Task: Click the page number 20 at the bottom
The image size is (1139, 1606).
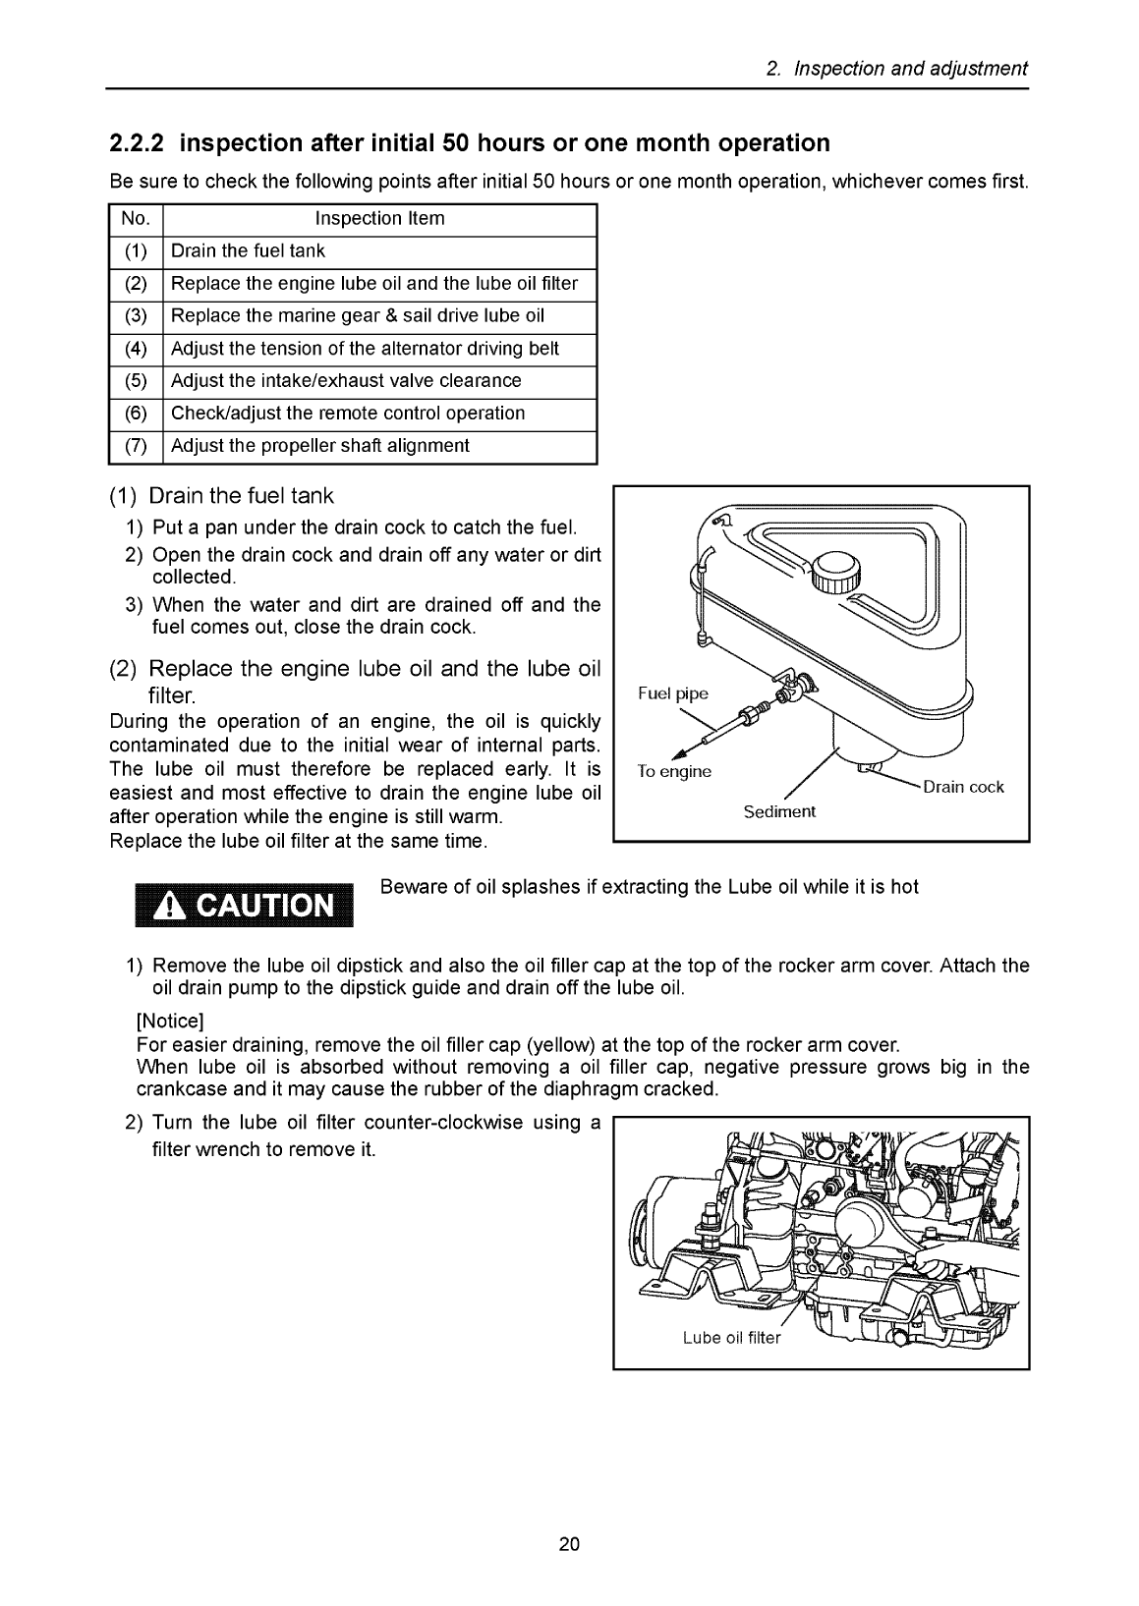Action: [x=570, y=1545]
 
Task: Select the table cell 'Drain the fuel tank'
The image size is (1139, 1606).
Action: [x=248, y=251]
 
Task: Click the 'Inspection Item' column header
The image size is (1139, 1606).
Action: [x=379, y=219]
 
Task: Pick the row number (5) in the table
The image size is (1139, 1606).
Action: [x=136, y=381]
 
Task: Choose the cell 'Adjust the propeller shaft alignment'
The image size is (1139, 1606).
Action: [x=320, y=446]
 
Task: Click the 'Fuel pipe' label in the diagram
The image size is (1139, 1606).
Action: [x=672, y=694]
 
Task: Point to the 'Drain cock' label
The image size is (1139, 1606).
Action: [x=963, y=787]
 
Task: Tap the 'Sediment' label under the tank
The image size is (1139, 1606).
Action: [x=779, y=811]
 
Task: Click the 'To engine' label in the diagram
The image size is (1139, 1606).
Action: [x=673, y=772]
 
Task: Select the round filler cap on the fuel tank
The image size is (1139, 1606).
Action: [x=835, y=569]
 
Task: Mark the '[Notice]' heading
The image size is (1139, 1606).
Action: [x=169, y=1022]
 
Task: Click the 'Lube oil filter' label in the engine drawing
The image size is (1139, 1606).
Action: [x=731, y=1338]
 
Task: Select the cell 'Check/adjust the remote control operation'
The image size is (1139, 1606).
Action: [x=348, y=414]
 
